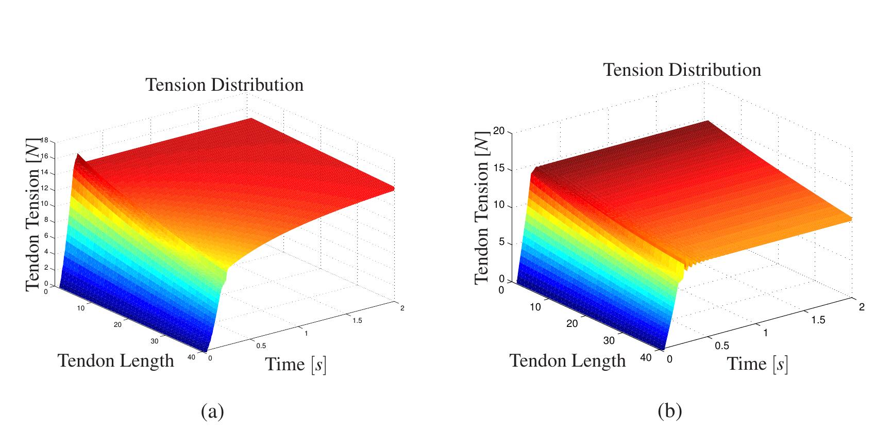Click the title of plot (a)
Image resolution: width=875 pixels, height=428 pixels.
pos(225,85)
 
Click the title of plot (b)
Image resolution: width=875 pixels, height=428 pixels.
pos(682,70)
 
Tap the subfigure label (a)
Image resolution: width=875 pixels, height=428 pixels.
pos(212,411)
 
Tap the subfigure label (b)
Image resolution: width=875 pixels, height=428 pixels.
pos(669,411)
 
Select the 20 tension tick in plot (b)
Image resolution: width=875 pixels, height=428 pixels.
pos(498,131)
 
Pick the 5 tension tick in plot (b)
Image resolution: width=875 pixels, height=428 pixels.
pos(502,243)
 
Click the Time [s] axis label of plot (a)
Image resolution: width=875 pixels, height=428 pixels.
pos(296,365)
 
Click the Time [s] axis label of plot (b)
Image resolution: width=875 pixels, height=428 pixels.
pos(757,364)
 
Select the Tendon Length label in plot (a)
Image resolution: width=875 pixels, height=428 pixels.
pos(116,360)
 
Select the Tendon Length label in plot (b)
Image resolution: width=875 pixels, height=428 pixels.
pos(567,360)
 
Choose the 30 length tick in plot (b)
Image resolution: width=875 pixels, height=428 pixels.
pos(610,341)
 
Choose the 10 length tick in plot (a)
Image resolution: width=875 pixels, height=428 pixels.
pos(81,308)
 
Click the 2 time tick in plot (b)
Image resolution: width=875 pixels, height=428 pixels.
pos(862,307)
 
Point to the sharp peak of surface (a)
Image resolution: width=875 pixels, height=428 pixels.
pos(78,154)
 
